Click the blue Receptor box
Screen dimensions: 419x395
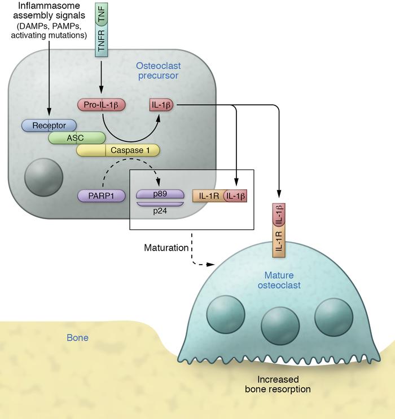pyautogui.click(x=50, y=125)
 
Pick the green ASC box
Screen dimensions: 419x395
pyautogui.click(x=77, y=137)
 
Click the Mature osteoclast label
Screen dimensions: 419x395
pyautogui.click(x=283, y=280)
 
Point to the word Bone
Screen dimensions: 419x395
pyautogui.click(x=78, y=338)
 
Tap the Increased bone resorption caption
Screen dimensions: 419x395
pyautogui.click(x=282, y=384)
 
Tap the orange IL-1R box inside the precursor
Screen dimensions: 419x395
pyautogui.click(x=208, y=195)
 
